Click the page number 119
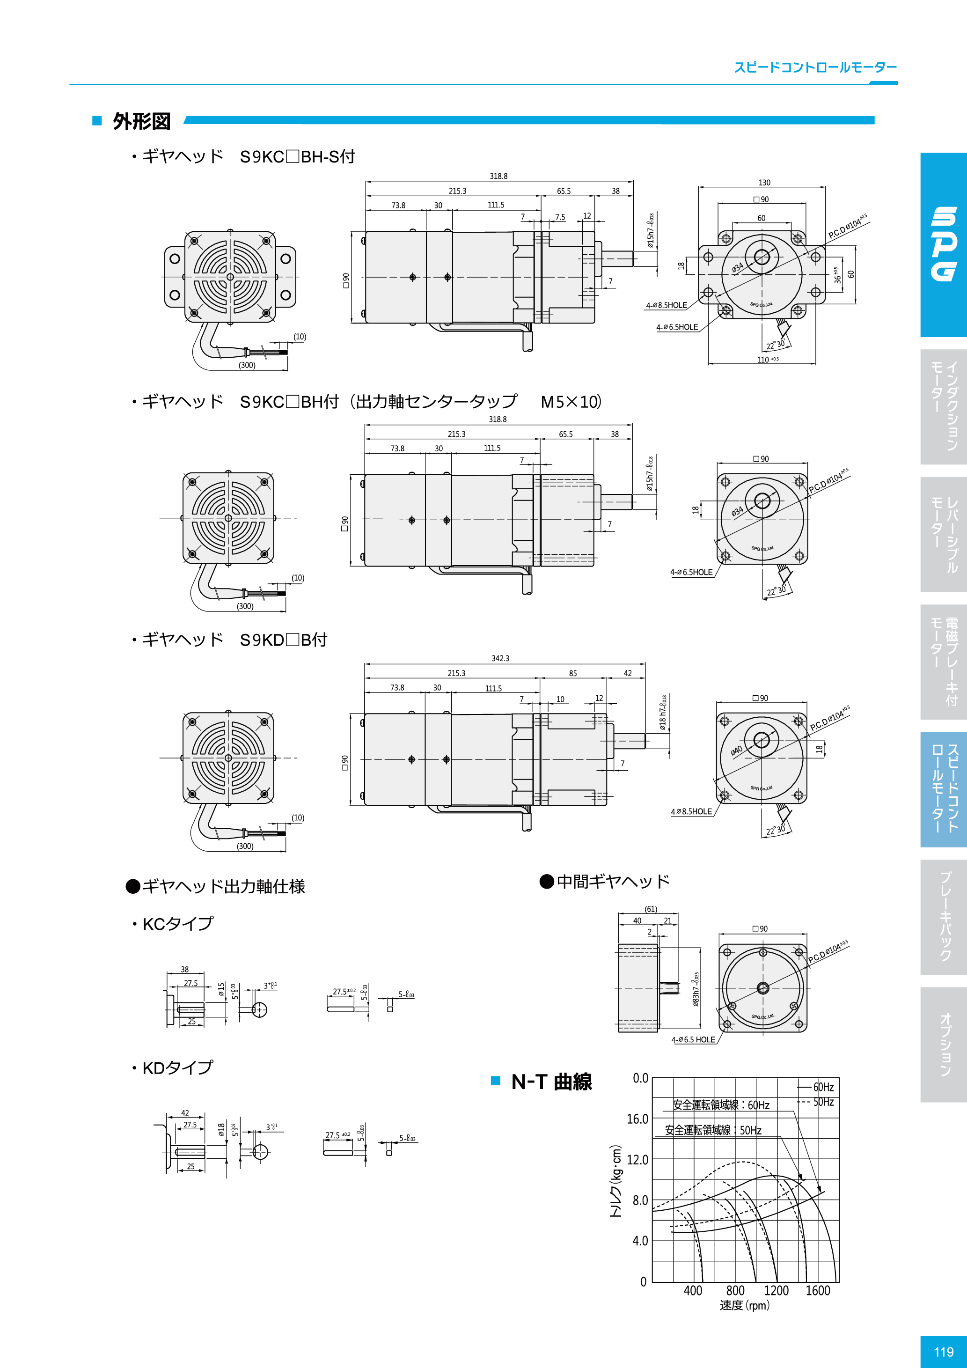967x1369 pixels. click(x=943, y=1352)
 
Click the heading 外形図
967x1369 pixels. click(x=141, y=122)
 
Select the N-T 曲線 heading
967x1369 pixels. click(x=551, y=1081)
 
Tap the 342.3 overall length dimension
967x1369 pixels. click(x=500, y=658)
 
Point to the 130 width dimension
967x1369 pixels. click(x=764, y=183)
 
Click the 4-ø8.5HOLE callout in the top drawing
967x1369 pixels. click(x=667, y=305)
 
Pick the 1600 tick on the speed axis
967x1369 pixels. click(x=817, y=1290)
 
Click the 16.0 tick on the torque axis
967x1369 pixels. click(x=637, y=1119)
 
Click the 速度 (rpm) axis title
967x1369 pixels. click(x=744, y=1305)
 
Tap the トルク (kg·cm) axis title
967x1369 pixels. click(x=616, y=1181)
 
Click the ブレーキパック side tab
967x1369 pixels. click(x=944, y=916)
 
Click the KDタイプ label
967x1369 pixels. click(x=177, y=1067)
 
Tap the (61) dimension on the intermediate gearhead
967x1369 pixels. click(x=651, y=909)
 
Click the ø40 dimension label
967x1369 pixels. click(x=737, y=750)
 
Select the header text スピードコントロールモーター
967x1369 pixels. click(x=815, y=67)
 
